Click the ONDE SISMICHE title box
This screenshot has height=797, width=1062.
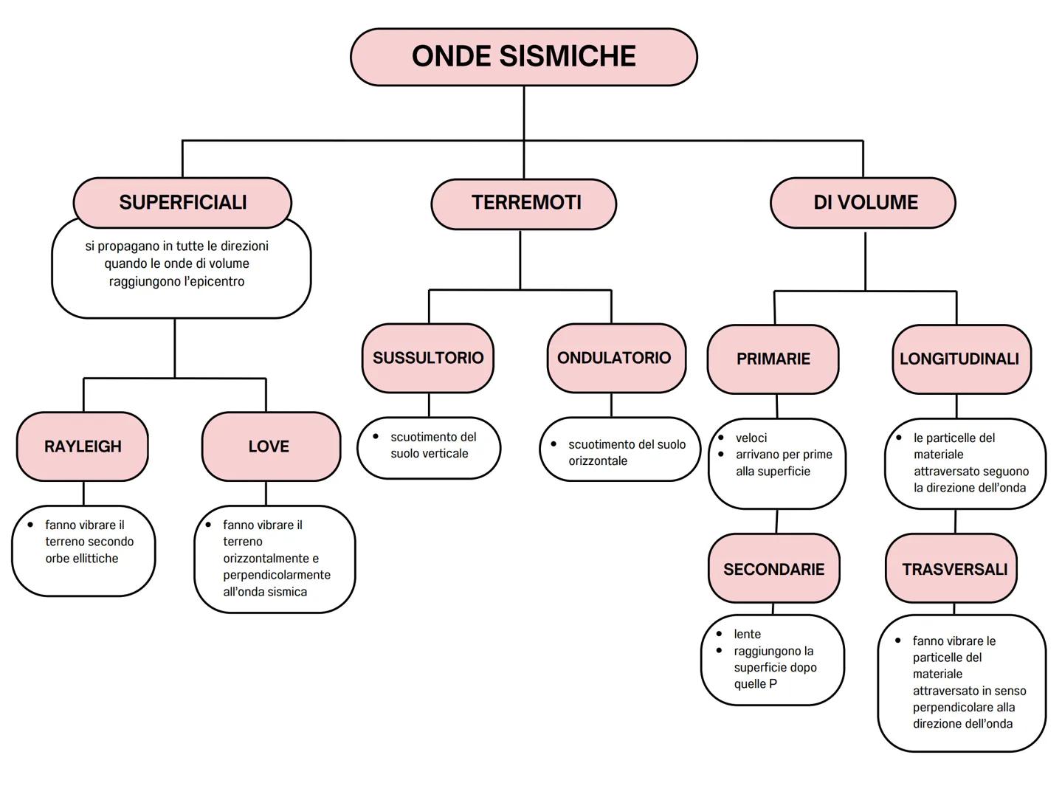click(523, 57)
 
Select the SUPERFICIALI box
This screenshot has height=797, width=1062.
click(182, 202)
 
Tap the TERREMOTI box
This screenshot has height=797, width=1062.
click(524, 203)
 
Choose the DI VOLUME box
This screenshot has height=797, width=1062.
click(863, 203)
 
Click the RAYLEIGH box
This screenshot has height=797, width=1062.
click(83, 446)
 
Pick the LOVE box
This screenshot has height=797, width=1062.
click(270, 446)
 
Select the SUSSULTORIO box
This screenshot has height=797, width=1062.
click(428, 358)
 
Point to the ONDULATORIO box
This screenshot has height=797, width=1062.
click(615, 358)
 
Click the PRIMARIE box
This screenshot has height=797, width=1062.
click(773, 359)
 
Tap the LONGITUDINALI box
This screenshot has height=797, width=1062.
click(960, 359)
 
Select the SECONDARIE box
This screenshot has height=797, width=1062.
click(773, 569)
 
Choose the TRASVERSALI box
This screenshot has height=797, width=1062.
click(954, 569)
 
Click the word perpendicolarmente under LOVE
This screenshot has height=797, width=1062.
click(277, 575)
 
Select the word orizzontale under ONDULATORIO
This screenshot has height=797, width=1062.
click(598, 461)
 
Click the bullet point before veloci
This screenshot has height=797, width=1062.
click(721, 438)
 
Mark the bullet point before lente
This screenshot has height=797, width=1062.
click(720, 634)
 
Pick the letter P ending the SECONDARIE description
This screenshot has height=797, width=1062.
click(773, 684)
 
